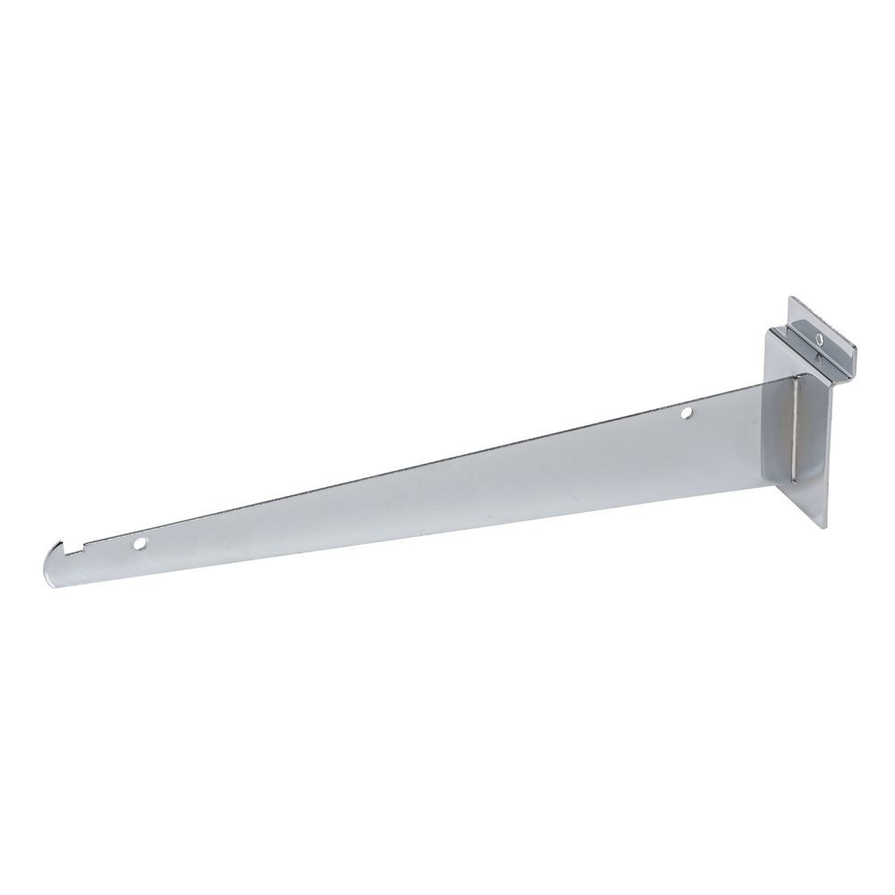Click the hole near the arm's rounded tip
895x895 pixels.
point(141,542)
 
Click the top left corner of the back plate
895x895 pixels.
point(768,330)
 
